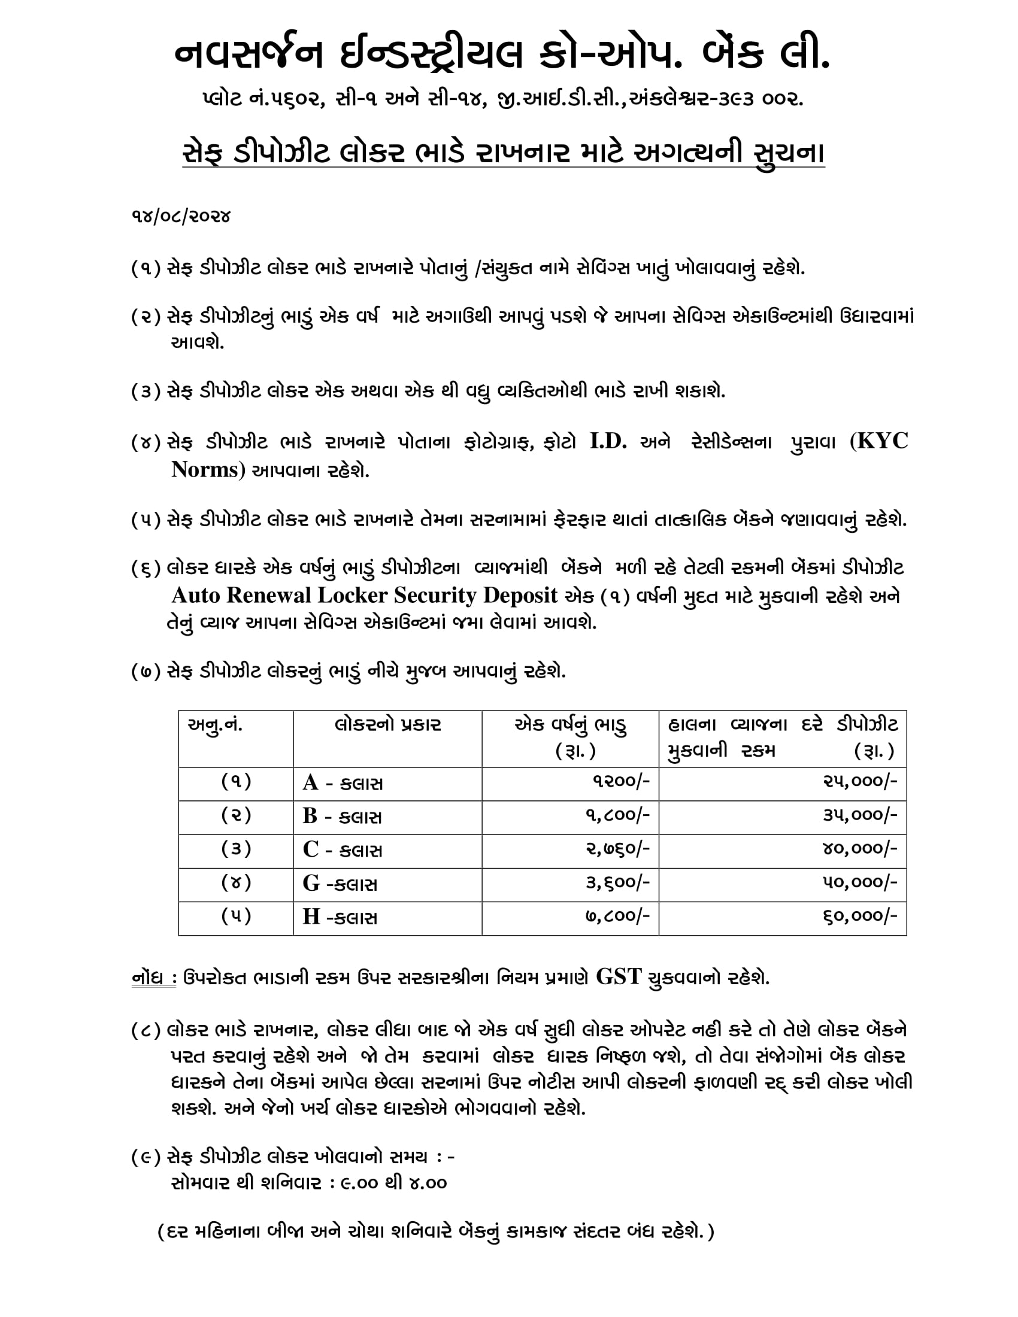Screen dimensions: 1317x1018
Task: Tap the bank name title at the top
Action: coord(502,54)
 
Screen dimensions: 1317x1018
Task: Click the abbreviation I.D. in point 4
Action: coord(608,442)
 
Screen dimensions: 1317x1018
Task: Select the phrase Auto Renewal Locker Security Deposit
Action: coord(364,596)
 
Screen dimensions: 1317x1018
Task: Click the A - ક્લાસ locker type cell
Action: coord(343,784)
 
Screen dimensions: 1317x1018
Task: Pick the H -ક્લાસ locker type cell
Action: coord(340,917)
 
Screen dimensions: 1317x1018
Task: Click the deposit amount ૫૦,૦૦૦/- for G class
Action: coord(860,883)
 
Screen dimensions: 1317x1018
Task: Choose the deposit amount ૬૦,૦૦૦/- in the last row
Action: coord(860,917)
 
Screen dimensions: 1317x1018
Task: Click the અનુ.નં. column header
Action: coord(216,726)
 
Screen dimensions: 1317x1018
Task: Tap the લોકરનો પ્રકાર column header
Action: coord(387,726)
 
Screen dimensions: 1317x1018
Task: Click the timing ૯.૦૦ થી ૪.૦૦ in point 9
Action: coord(395,1182)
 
